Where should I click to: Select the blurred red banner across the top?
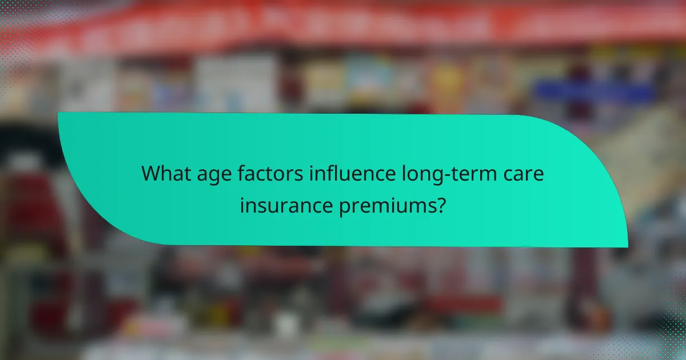tap(343, 26)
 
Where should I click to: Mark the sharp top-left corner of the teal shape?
tap(58, 113)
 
